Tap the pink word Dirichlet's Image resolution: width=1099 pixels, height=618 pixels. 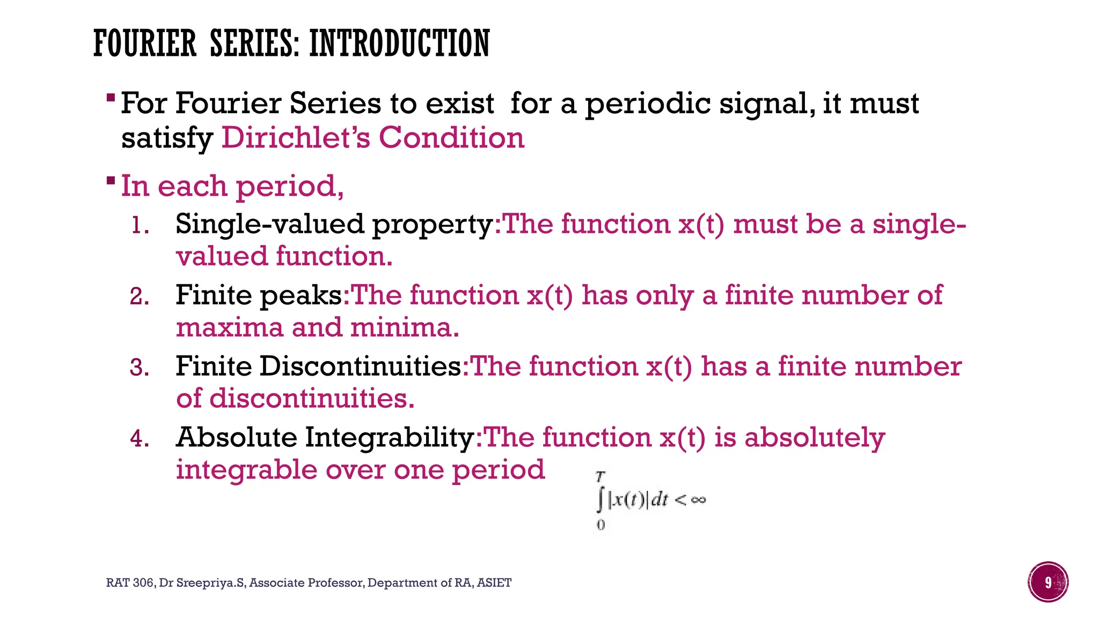tap(296, 138)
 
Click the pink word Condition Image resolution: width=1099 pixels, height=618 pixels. tap(451, 138)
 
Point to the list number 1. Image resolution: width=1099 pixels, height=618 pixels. tap(139, 226)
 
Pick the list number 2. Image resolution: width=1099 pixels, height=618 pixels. tap(139, 297)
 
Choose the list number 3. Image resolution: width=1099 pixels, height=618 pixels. tap(139, 368)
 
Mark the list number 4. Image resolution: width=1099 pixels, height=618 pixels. tap(139, 439)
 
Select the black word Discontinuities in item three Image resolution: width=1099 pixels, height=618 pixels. tap(360, 366)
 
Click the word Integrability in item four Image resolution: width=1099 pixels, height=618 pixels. tap(389, 438)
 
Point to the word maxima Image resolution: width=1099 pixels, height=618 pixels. tap(229, 328)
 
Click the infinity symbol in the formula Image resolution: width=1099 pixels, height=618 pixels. tap(698, 500)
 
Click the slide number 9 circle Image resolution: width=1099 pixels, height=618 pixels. tap(1048, 582)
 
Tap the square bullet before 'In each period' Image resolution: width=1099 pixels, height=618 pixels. tap(111, 180)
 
